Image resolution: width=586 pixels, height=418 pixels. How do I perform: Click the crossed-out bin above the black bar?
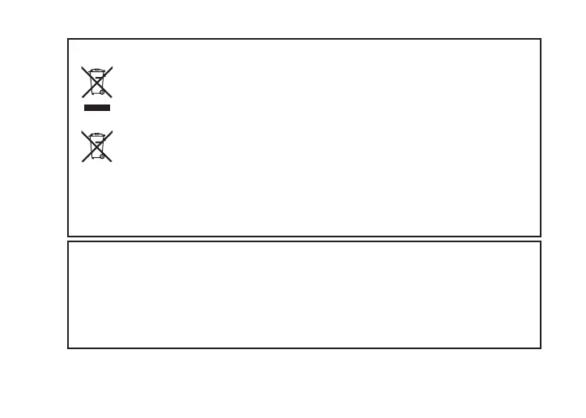pos(97,82)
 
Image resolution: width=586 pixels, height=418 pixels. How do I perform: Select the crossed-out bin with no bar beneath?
pos(97,146)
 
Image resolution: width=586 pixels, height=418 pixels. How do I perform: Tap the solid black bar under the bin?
pos(97,107)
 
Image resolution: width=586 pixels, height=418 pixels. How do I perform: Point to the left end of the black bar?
pos(84,107)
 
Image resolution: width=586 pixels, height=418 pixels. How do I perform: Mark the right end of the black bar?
pos(110,107)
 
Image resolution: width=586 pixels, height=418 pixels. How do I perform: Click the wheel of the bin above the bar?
pos(102,93)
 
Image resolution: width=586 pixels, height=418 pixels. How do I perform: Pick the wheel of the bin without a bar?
pos(102,157)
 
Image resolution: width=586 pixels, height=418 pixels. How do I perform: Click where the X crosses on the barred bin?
pos(97,82)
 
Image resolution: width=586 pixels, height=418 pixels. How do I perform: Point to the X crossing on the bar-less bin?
pos(97,146)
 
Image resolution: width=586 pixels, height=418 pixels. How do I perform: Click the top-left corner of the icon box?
pos(68,38)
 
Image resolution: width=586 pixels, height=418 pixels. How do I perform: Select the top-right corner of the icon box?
pos(540,38)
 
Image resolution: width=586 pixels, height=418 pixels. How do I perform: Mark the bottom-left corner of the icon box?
pos(68,236)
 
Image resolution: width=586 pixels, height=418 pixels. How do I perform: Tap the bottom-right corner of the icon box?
pos(540,236)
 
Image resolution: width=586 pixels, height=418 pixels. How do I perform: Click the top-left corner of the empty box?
pos(68,241)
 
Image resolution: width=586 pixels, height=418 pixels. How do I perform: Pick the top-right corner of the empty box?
pos(540,241)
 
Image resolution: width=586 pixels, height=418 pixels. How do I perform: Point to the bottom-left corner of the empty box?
pos(68,348)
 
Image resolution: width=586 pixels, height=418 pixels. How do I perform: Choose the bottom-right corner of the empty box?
pos(540,348)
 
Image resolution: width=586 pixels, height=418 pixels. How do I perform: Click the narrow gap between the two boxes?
pos(304,239)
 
